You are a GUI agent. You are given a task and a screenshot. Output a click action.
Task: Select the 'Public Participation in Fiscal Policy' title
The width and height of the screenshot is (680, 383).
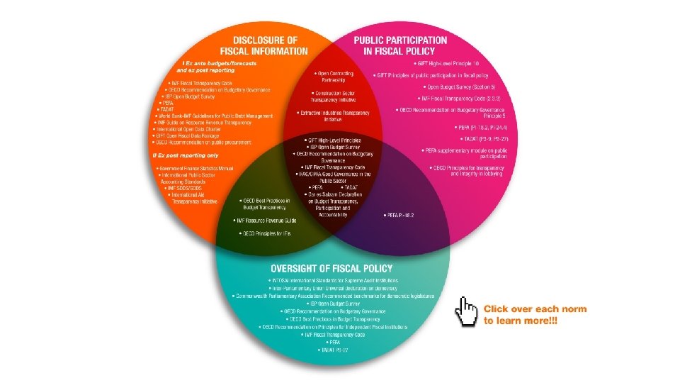[x=400, y=45]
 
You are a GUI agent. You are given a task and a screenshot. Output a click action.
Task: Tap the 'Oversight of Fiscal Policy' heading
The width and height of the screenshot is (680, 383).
[x=331, y=269]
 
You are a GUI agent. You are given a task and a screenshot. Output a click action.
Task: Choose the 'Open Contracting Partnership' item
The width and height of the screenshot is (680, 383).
[x=332, y=76]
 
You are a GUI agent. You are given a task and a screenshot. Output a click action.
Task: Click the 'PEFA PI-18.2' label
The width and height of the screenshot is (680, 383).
[x=399, y=214]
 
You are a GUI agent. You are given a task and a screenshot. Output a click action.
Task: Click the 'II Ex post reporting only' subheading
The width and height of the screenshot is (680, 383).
[x=186, y=155]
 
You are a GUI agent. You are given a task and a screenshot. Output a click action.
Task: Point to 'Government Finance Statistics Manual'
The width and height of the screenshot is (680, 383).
[x=196, y=168]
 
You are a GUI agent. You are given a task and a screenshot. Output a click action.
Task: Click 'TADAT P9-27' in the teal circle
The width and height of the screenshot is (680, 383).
[x=331, y=350]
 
